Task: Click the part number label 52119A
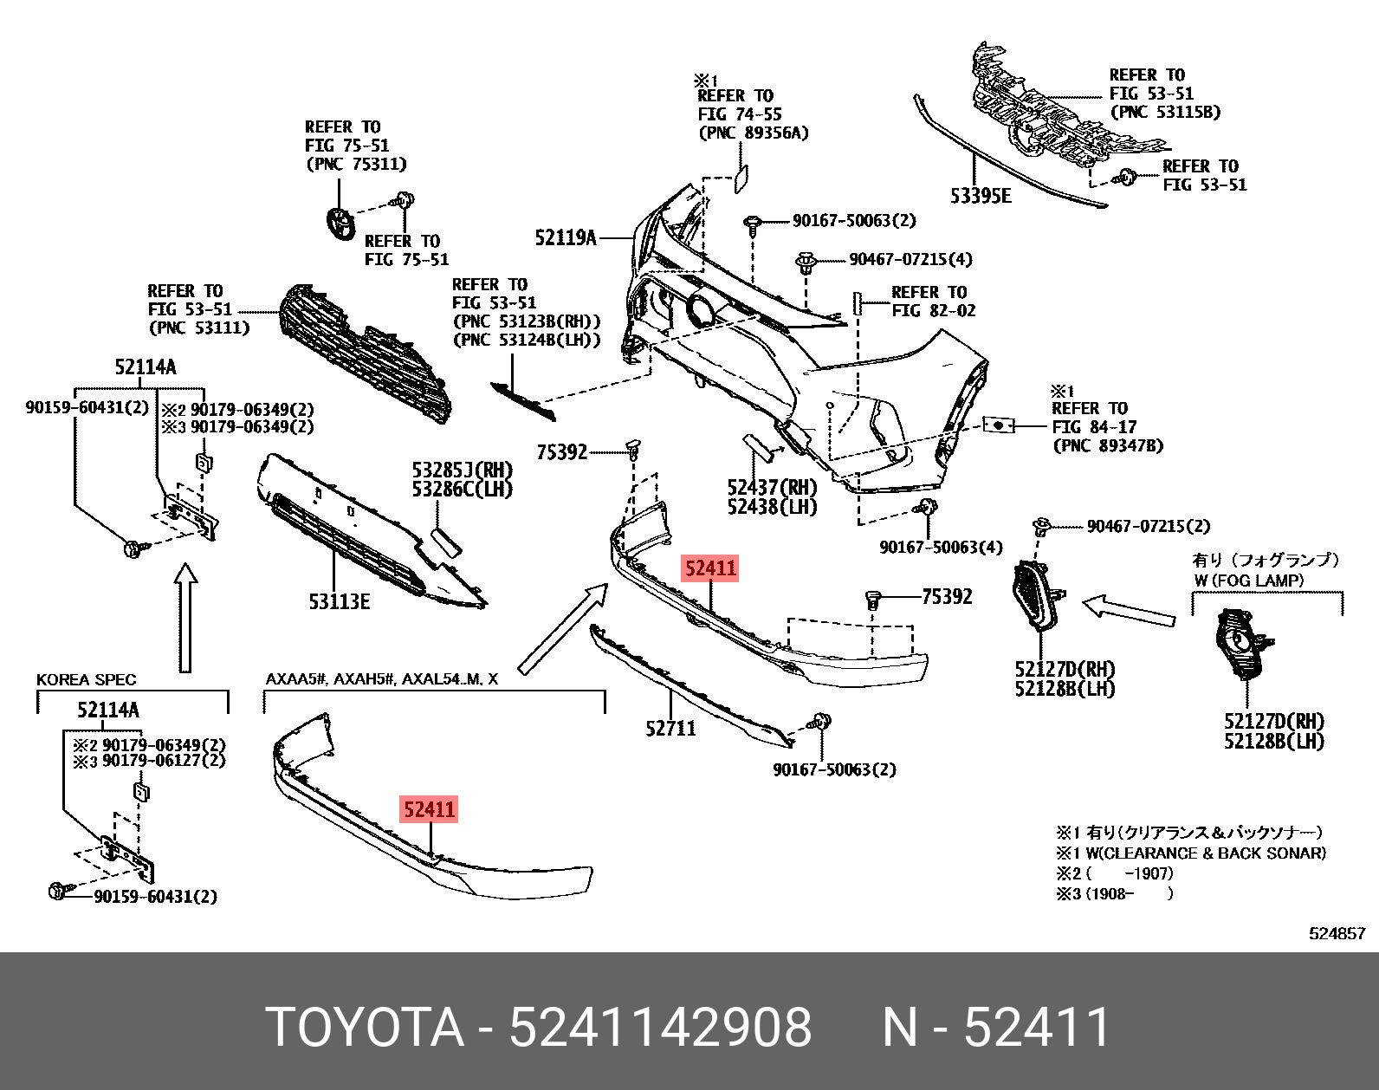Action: [x=565, y=237]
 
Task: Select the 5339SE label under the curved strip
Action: [x=980, y=197]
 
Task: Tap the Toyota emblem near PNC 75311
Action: [x=340, y=223]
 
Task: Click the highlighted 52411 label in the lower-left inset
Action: [x=429, y=809]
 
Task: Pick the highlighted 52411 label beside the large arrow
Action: [x=709, y=568]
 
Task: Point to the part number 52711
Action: [x=670, y=729]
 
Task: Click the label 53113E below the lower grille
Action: [x=339, y=601]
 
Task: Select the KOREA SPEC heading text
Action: [x=86, y=679]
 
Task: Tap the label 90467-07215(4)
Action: [x=910, y=259]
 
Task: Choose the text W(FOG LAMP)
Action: [x=1248, y=581]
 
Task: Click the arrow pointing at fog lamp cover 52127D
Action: [x=1129, y=608]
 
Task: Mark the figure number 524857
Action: [x=1335, y=933]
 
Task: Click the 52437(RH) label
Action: [x=772, y=488]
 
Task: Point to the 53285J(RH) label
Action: [x=462, y=470]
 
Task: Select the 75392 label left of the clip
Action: [x=561, y=451]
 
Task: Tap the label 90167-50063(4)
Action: [x=941, y=547]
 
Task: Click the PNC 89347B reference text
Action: [x=1108, y=445]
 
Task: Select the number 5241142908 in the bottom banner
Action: [x=660, y=1028]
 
